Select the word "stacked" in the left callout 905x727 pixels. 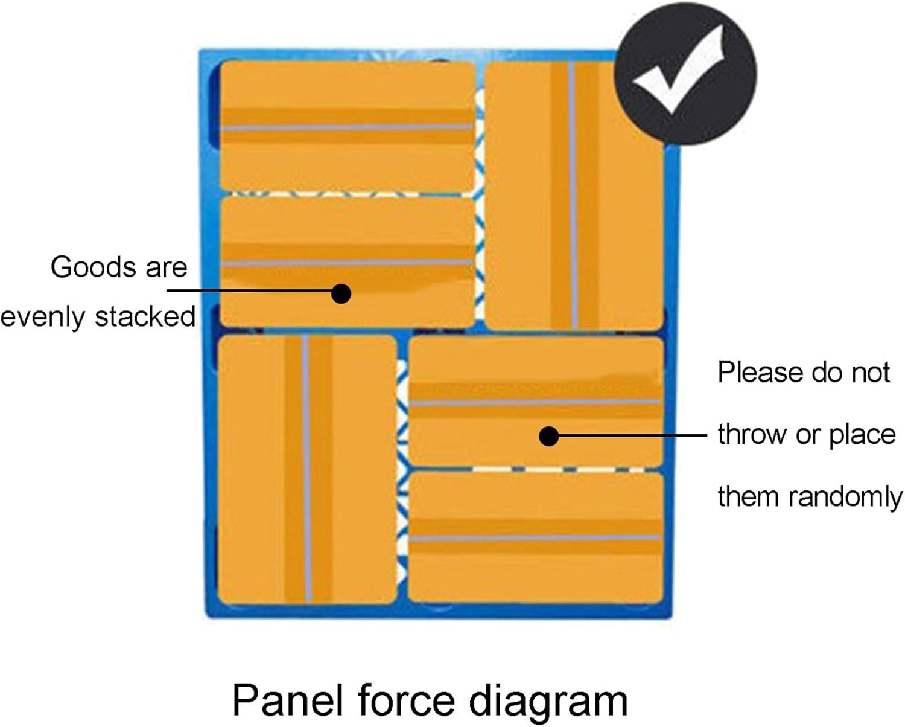(x=145, y=316)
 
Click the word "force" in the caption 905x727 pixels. (x=405, y=700)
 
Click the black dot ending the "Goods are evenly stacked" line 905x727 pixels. (x=341, y=293)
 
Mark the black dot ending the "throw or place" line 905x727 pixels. (x=548, y=435)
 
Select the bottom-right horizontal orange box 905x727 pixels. (x=536, y=537)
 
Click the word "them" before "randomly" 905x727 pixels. (x=749, y=497)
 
